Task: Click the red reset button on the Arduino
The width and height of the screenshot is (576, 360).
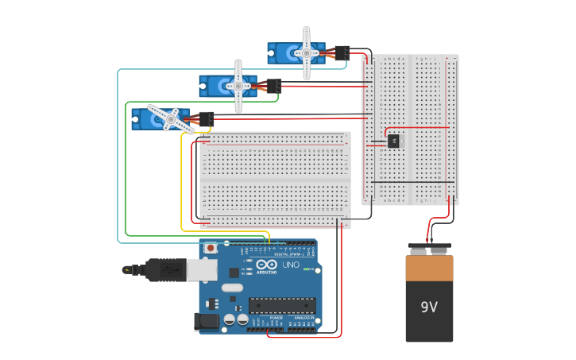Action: click(x=211, y=248)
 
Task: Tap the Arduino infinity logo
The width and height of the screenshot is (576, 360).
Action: click(x=267, y=265)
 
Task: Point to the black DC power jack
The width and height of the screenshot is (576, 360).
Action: click(x=207, y=321)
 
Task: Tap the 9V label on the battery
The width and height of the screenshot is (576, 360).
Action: click(x=429, y=307)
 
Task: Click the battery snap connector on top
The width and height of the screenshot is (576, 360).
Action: click(x=429, y=249)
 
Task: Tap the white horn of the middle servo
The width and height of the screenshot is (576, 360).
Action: click(x=238, y=85)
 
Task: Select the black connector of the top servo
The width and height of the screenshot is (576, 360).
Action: click(x=342, y=53)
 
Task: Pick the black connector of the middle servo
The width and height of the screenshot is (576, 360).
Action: click(x=274, y=85)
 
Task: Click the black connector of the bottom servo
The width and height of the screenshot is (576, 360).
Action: click(x=206, y=118)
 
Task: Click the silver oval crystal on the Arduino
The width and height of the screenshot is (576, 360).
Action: click(x=231, y=288)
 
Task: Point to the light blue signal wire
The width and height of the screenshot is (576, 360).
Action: click(x=118, y=159)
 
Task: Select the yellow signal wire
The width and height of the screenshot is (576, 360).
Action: click(x=182, y=183)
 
